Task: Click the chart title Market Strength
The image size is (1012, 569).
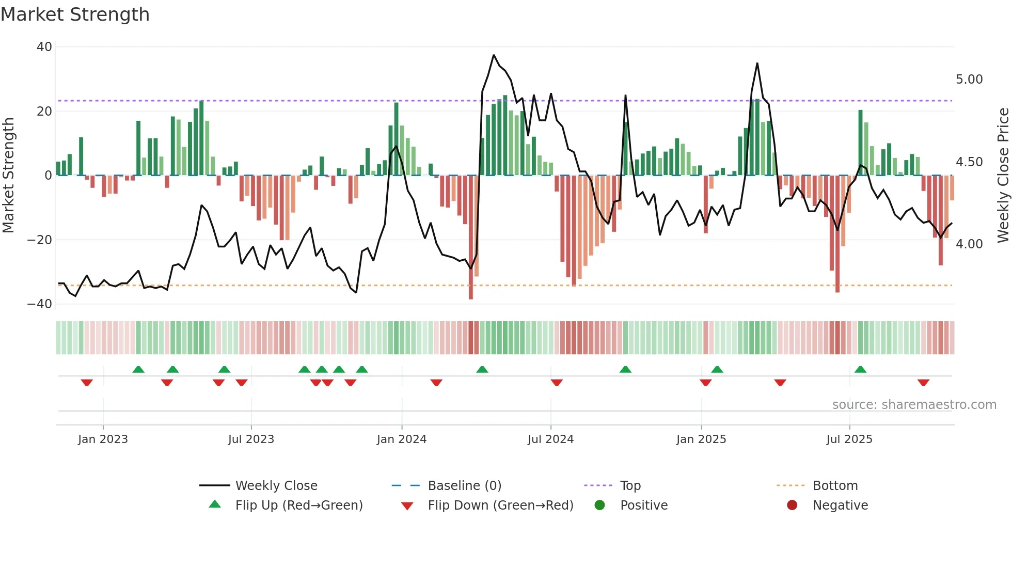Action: [x=75, y=14]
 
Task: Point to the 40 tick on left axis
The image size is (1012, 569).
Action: [x=44, y=47]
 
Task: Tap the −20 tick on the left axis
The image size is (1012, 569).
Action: [x=40, y=240]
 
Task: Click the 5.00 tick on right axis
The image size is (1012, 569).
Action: [x=969, y=80]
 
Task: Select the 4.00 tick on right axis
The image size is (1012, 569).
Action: [x=969, y=244]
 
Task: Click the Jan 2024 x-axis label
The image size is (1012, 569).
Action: [x=402, y=439]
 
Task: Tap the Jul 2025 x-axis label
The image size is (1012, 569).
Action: [x=849, y=439]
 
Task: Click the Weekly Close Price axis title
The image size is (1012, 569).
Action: [x=1003, y=176]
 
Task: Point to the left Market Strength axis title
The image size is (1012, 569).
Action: [x=9, y=176]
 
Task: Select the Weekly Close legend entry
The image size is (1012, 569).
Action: [x=276, y=486]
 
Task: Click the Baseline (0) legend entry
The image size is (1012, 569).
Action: [x=464, y=486]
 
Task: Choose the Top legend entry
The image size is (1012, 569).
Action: [x=630, y=486]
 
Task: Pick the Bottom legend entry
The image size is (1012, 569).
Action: [x=835, y=486]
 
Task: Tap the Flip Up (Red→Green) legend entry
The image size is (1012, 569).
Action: [x=299, y=505]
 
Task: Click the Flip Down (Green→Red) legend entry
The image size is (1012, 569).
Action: [x=500, y=505]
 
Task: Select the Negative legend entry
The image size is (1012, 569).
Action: [x=840, y=505]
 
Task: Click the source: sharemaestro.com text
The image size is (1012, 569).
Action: [x=914, y=405]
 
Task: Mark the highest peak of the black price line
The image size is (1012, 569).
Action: [x=494, y=55]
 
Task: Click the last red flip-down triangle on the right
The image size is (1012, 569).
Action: [x=923, y=383]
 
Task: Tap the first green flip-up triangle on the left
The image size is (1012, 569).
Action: [x=138, y=369]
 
